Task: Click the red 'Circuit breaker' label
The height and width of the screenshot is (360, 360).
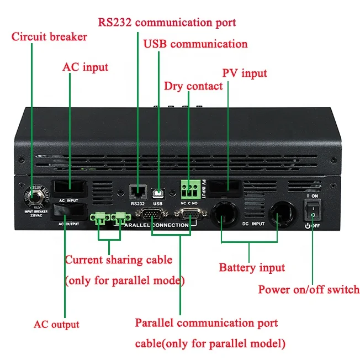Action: pos(50,38)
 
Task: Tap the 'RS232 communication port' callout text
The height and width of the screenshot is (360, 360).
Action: pos(167,23)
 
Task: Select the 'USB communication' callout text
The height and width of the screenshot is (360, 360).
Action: pos(195,44)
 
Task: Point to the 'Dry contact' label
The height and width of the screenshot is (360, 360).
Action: pos(193,86)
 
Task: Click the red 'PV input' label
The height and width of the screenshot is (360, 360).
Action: pos(245,73)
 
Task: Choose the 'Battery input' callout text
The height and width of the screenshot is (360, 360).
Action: pos(252,268)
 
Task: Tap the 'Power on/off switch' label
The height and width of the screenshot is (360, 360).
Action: pos(309,289)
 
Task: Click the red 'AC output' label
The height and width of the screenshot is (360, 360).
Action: pos(56,325)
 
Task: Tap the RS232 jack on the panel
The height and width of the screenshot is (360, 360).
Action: pos(137,192)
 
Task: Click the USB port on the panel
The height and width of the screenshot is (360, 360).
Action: pos(158,193)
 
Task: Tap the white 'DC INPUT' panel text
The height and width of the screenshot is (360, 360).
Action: pos(255,224)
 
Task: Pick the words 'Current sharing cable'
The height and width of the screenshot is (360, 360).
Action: pos(119,260)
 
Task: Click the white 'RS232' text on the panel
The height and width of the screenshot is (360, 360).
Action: pos(137,204)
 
